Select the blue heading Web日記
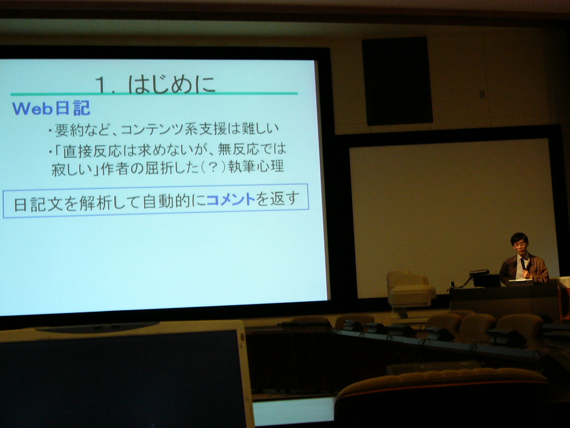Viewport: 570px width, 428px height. pyautogui.click(x=51, y=108)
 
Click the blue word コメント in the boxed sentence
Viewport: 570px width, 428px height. pyautogui.click(x=231, y=200)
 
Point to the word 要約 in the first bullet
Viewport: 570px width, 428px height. pyautogui.click(x=69, y=131)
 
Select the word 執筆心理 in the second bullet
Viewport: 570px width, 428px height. pyautogui.click(x=256, y=166)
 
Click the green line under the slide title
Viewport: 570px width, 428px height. pyautogui.click(x=154, y=93)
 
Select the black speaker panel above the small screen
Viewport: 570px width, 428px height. pyautogui.click(x=397, y=81)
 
